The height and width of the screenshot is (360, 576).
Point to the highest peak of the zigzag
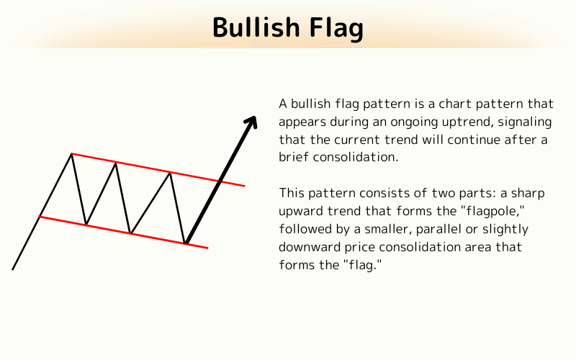click(x=71, y=153)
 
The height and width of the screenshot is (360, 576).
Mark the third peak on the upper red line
click(x=170, y=172)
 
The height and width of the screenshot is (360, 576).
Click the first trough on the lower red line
click(x=86, y=225)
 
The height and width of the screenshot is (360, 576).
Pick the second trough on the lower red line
click(x=130, y=233)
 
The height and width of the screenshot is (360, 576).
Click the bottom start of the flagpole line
click(x=13, y=269)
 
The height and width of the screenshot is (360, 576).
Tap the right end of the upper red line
click(x=244, y=186)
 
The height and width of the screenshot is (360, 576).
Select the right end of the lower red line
click(x=207, y=248)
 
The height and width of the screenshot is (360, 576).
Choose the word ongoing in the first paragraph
click(x=385, y=121)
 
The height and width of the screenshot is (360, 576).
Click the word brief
click(x=294, y=156)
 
